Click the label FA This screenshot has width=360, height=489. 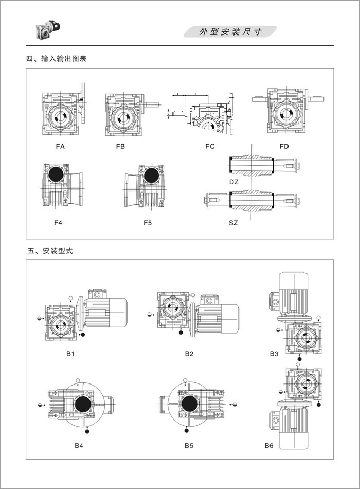pyautogui.click(x=60, y=147)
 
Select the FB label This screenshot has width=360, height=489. pyautogui.click(x=120, y=147)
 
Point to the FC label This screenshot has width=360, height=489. pyautogui.click(x=210, y=147)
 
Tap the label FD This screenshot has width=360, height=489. pyautogui.click(x=284, y=147)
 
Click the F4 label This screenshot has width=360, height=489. pyautogui.click(x=59, y=223)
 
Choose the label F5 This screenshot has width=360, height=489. pyautogui.click(x=148, y=223)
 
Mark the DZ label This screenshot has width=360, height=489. pyautogui.click(x=234, y=182)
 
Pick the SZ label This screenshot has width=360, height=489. pyautogui.click(x=234, y=223)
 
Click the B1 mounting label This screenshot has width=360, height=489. pyautogui.click(x=70, y=354)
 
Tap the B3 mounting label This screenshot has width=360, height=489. pyautogui.click(x=274, y=354)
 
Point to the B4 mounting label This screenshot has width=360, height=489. pyautogui.click(x=79, y=445)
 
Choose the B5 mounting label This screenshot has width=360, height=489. pyautogui.click(x=189, y=445)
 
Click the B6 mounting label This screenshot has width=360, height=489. pyautogui.click(x=268, y=445)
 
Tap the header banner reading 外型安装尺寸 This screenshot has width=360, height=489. pyautogui.click(x=230, y=32)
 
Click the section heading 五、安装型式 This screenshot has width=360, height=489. pyautogui.click(x=50, y=252)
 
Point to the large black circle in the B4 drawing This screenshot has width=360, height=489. pyautogui.click(x=82, y=404)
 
